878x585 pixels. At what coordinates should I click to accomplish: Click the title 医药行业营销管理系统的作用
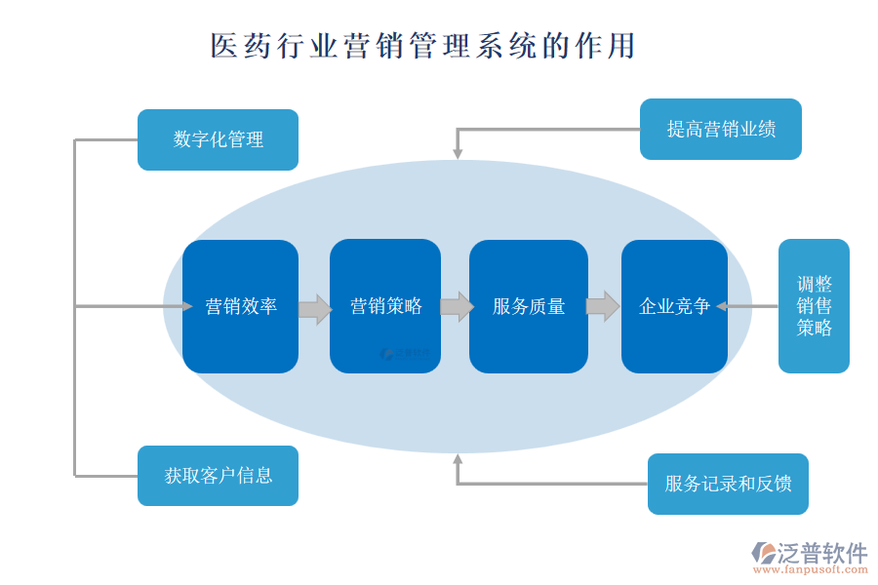423,46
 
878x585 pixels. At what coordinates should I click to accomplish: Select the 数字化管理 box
218,139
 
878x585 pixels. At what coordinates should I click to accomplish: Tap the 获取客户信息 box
218,476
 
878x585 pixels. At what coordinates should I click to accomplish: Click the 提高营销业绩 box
720,129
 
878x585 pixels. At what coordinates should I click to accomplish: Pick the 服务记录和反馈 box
728,484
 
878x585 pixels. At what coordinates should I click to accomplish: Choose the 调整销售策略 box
814,306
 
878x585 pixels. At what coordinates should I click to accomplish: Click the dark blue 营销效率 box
240,306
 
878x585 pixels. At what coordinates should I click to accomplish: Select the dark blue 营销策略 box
385,306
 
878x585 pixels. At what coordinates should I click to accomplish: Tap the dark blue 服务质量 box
528,306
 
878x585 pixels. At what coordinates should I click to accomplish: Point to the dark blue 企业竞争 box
674,306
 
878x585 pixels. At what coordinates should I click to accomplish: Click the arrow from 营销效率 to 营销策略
314,309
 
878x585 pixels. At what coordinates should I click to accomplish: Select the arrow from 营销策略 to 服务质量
457,307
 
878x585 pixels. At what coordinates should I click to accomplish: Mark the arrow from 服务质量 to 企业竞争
602,306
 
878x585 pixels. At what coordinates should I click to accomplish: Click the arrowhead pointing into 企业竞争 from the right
722,306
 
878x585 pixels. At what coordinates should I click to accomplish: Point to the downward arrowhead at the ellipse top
457,153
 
